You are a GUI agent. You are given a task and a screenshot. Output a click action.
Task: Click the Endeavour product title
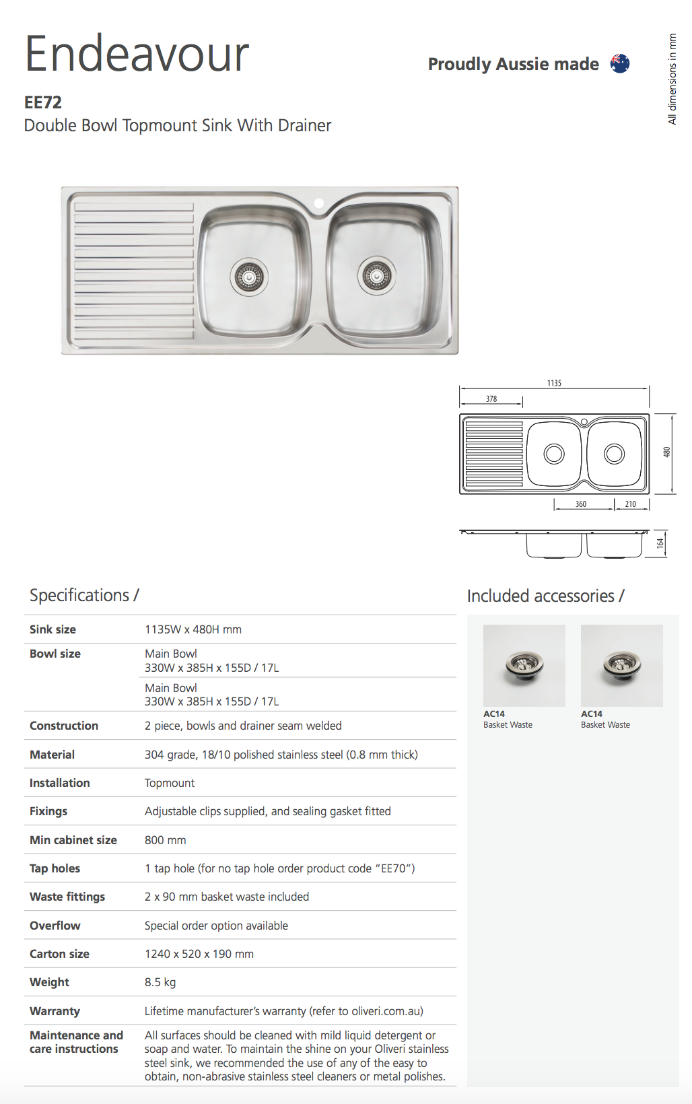click(137, 54)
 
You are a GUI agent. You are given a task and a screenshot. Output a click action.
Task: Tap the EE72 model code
click(43, 102)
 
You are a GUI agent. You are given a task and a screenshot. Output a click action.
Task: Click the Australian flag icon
click(620, 64)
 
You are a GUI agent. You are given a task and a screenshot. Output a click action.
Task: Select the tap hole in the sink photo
click(319, 203)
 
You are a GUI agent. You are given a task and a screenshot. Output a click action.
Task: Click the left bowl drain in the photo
click(249, 277)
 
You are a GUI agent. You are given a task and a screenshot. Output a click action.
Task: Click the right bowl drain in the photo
click(376, 275)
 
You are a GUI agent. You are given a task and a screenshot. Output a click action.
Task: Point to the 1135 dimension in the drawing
click(554, 383)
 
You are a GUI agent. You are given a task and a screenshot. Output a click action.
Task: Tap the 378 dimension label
click(491, 399)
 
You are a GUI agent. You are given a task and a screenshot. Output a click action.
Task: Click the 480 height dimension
click(666, 452)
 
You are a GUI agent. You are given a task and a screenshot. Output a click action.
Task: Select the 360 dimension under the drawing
click(580, 504)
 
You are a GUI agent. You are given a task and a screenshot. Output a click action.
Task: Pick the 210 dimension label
click(630, 504)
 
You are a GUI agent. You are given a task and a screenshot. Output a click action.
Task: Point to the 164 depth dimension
click(660, 543)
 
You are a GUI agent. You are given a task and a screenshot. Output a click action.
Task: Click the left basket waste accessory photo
click(524, 665)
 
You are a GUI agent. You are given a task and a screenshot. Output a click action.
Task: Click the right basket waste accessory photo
click(621, 665)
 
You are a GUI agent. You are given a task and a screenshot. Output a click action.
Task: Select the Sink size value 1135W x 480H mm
click(193, 629)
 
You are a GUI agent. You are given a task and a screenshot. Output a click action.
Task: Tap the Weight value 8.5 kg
click(160, 982)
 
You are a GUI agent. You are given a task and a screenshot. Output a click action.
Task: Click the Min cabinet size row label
click(73, 840)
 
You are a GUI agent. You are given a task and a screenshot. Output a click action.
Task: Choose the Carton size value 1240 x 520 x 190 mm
click(199, 954)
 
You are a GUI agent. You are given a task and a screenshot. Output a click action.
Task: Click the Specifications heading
click(84, 595)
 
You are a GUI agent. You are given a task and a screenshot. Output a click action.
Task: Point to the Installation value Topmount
click(170, 783)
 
